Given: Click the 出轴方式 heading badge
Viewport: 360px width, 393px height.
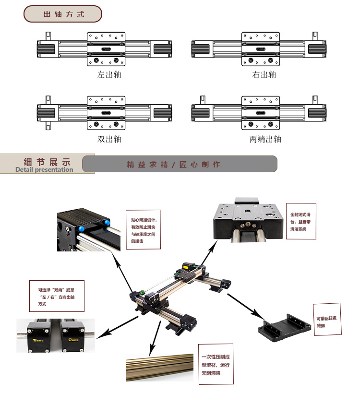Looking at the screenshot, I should (x=63, y=14).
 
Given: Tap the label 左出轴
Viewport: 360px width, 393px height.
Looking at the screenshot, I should (x=109, y=74).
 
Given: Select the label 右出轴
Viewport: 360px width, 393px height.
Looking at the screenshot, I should (x=264, y=74).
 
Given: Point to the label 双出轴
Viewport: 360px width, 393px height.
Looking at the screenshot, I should (x=109, y=139).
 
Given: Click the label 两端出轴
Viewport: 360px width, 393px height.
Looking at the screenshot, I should (x=265, y=139).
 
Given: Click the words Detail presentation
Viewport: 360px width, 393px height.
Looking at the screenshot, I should (x=44, y=169).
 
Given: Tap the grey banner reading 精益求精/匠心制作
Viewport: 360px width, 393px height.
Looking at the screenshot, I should (x=180, y=164).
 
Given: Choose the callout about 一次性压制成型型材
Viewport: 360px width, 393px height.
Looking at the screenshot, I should (x=216, y=364).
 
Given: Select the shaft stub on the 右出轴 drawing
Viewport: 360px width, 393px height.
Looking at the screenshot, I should (x=315, y=36).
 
